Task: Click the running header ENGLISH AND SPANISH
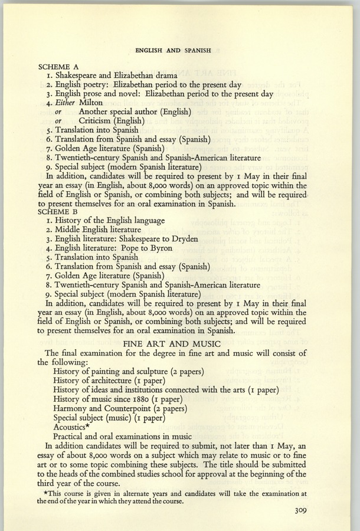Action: (x=173, y=51)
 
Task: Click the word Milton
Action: (x=90, y=103)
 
